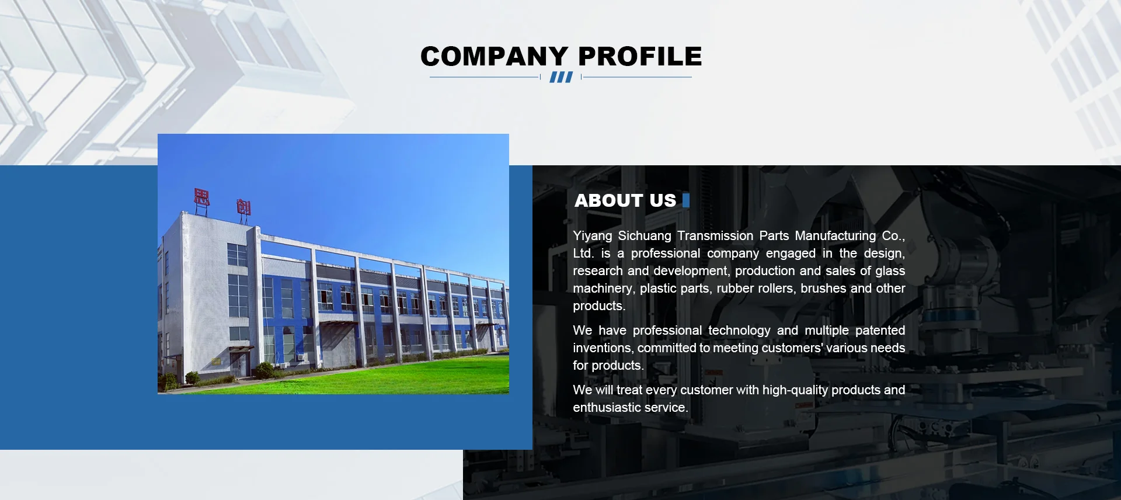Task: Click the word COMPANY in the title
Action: coord(494,57)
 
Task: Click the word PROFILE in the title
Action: coord(640,57)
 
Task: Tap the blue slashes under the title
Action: coord(561,77)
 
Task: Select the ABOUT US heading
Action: coord(625,200)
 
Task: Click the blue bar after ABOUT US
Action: coord(686,200)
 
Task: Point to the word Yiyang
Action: coord(593,236)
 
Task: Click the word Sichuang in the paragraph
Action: coord(645,236)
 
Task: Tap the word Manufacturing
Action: coord(835,236)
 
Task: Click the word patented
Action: coord(880,331)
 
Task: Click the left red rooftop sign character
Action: coord(201,197)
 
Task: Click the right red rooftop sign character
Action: coord(243,207)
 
